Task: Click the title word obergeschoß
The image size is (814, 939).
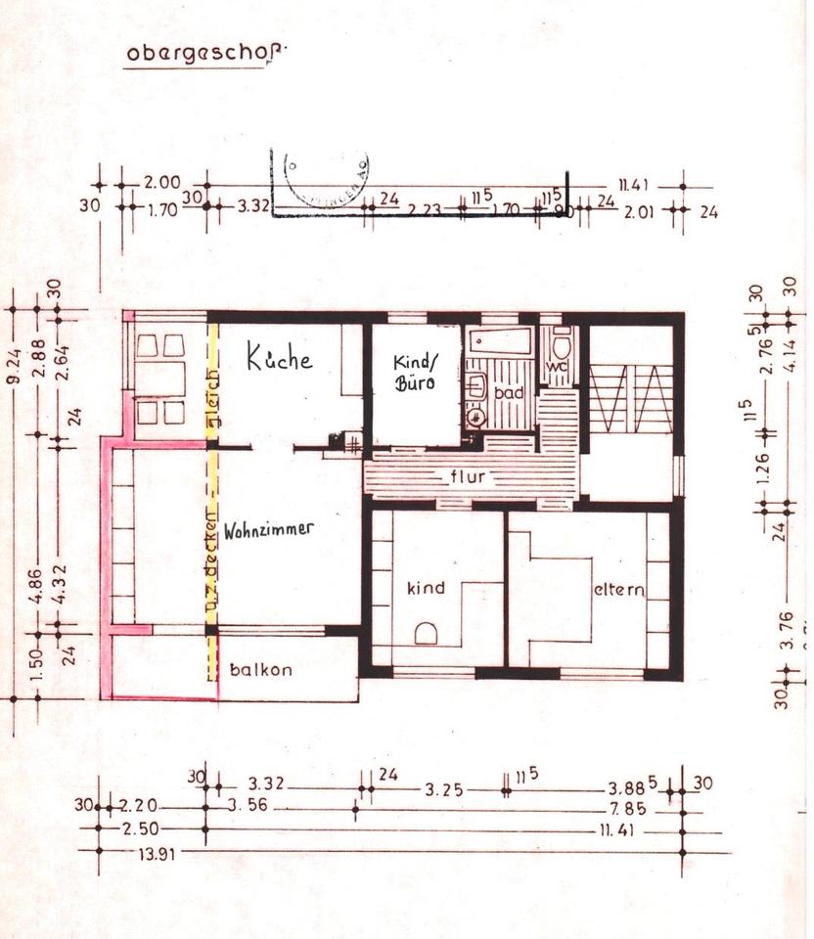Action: click(x=207, y=53)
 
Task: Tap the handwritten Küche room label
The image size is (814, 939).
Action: click(x=279, y=358)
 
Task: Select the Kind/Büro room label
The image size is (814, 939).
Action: click(x=414, y=372)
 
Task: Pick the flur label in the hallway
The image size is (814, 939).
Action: click(x=469, y=478)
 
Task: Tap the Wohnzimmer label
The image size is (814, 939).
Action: click(x=268, y=530)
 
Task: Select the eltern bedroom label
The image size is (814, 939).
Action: click(x=618, y=590)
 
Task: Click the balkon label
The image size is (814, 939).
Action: click(x=260, y=671)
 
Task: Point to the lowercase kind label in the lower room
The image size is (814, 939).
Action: click(x=426, y=588)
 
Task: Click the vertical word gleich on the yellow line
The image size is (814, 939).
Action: click(x=211, y=404)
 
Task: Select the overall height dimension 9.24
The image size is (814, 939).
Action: click(x=14, y=364)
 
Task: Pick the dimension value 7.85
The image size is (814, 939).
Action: click(x=627, y=809)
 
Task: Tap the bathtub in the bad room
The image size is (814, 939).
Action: click(x=500, y=341)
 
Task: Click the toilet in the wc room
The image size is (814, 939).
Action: click(x=562, y=344)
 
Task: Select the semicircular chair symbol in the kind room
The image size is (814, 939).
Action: click(x=428, y=634)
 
